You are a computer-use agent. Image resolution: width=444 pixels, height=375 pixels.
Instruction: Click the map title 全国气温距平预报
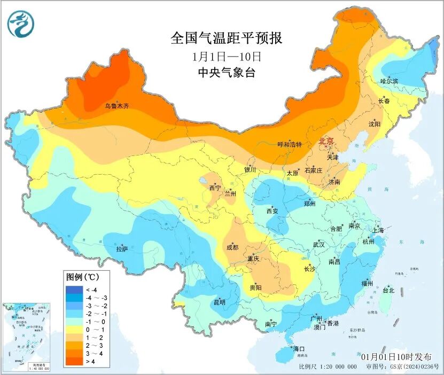[226, 38]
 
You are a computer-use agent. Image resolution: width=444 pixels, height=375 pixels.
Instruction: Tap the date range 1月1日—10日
[227, 56]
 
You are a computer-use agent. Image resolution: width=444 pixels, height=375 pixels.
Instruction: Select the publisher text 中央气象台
[226, 73]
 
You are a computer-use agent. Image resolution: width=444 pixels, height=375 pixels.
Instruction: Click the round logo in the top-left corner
[21, 24]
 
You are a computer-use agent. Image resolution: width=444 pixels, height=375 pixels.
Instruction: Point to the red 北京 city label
[326, 141]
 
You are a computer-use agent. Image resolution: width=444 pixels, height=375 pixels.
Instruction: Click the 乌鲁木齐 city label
[116, 106]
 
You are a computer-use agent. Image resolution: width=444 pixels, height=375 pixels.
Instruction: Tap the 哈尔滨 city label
[389, 81]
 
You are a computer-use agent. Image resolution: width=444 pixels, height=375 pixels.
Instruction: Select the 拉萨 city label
[122, 249]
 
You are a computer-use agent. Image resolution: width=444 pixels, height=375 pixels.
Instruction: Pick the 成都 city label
[232, 247]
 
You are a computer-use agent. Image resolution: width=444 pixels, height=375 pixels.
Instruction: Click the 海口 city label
[299, 349]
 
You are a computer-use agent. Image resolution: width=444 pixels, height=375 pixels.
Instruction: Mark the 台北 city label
[388, 291]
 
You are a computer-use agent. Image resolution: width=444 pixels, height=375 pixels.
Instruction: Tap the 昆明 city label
[220, 302]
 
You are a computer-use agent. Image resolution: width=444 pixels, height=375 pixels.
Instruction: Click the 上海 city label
[378, 231]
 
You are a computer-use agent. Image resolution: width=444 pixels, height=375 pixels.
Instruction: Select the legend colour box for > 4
[73, 362]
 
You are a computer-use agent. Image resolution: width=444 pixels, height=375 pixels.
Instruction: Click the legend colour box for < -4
[73, 290]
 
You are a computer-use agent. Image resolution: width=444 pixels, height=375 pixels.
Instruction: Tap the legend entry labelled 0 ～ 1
[88, 330]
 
